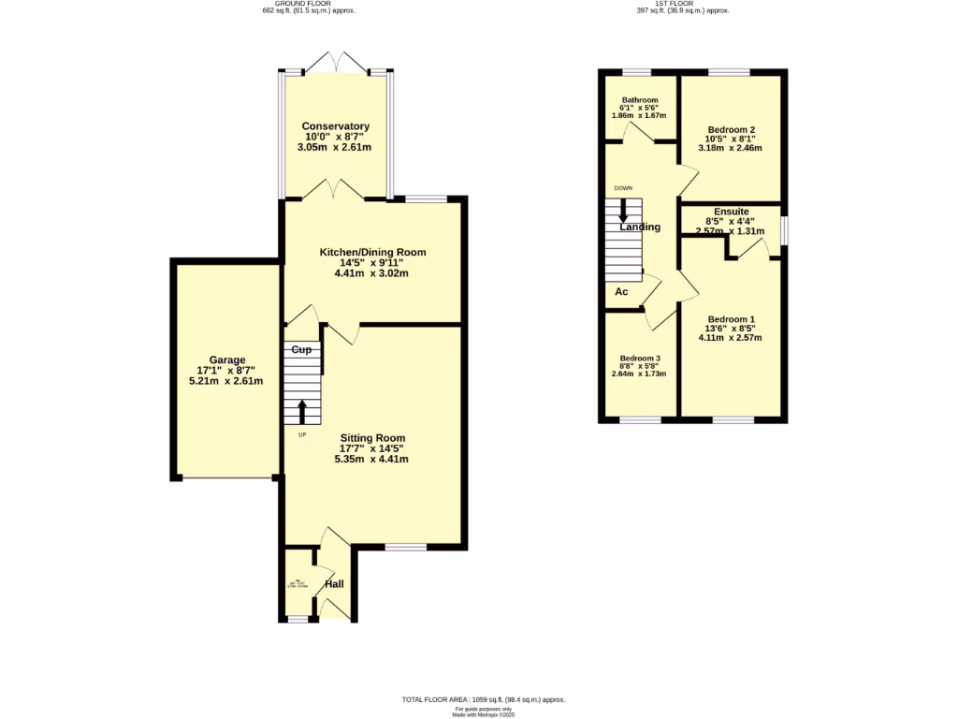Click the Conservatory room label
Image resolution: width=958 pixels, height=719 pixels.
tap(335, 126)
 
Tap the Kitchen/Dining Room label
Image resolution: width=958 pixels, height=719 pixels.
tap(372, 253)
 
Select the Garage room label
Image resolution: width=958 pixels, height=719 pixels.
tap(226, 359)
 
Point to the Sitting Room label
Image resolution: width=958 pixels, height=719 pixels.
tap(372, 438)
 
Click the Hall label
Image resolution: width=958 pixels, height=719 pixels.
tap(334, 584)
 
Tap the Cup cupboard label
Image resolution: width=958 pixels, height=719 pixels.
tap(301, 350)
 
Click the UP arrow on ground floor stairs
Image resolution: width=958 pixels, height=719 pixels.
tap(302, 413)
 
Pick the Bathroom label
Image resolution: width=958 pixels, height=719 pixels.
tap(639, 99)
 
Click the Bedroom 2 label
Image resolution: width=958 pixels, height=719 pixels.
tap(731, 129)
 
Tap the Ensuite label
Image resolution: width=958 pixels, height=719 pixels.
tap(731, 213)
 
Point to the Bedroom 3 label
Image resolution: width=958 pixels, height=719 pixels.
tap(641, 359)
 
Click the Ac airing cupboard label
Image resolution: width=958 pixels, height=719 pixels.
tap(620, 292)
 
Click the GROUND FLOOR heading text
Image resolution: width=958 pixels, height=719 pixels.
tap(309, 4)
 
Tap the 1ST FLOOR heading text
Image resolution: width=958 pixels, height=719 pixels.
tap(682, 4)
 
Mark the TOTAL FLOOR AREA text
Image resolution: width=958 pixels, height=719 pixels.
tap(483, 699)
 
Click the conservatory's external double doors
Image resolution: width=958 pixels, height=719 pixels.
tap(335, 62)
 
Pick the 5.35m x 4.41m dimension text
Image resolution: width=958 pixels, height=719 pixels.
tap(372, 460)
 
